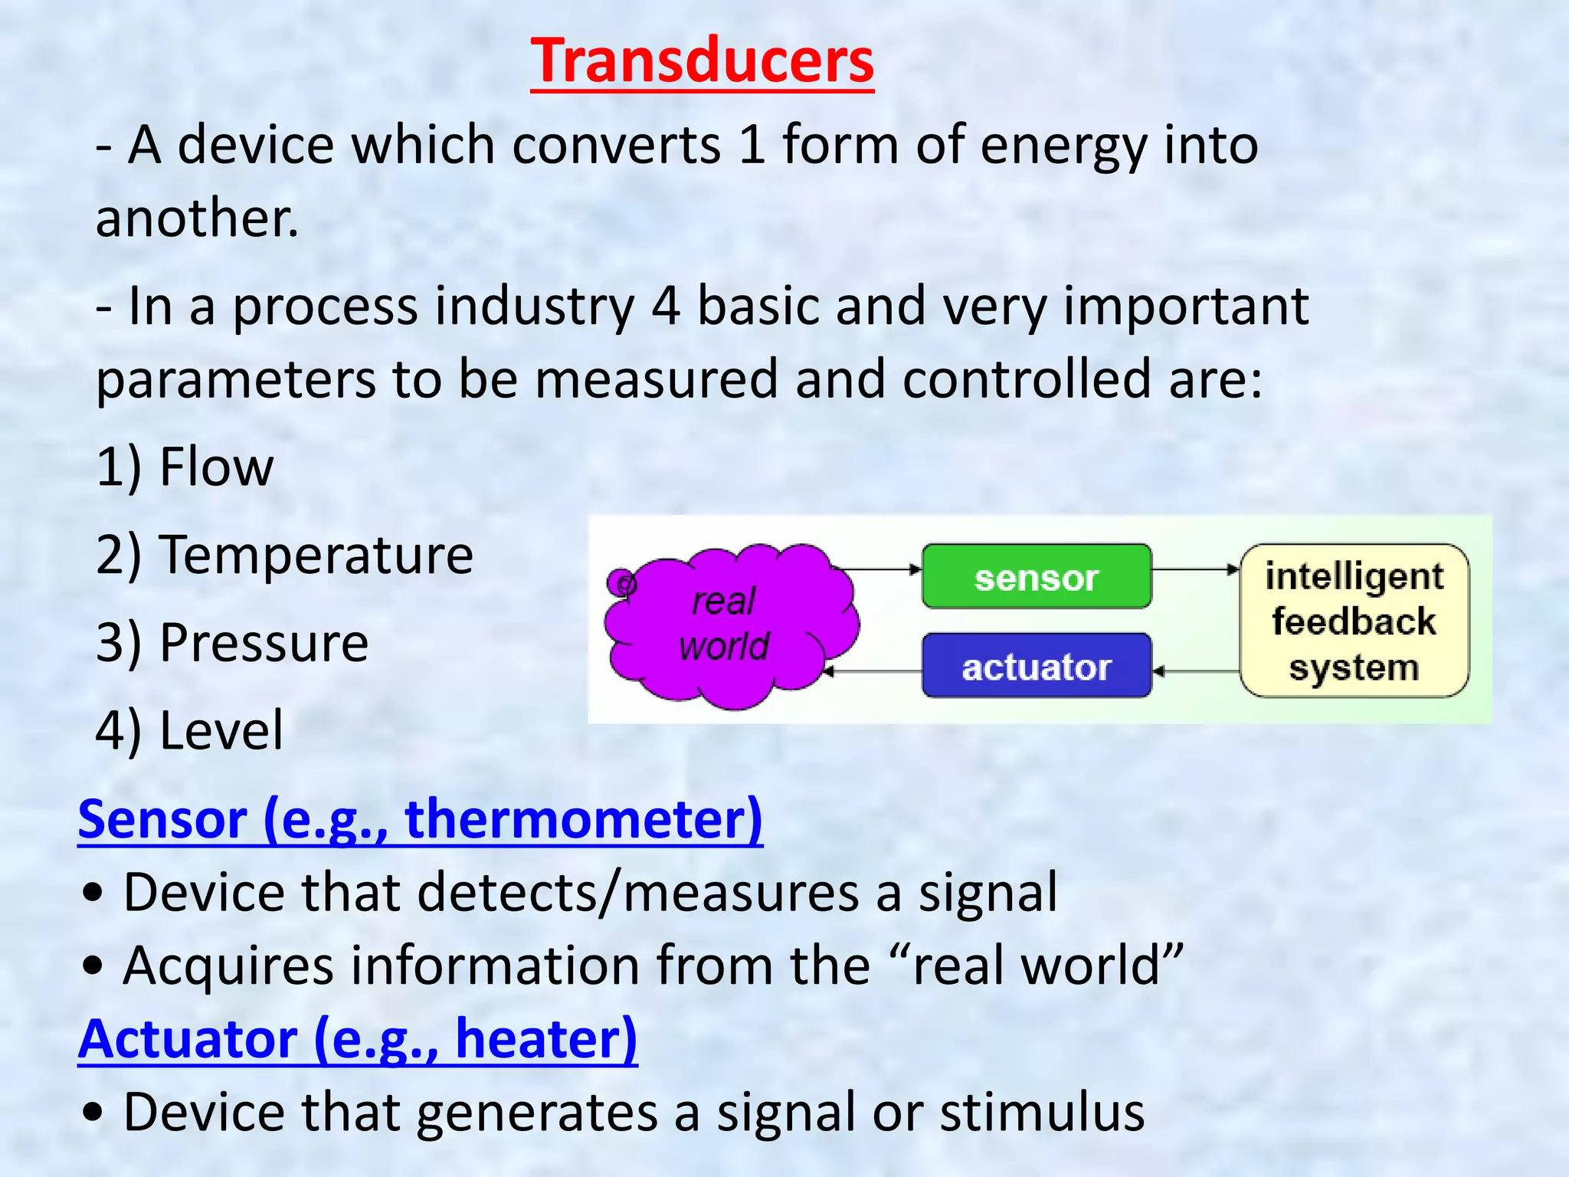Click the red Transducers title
coord(702,61)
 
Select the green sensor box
coord(1036,577)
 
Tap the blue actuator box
coord(1036,666)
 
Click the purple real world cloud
coord(728,625)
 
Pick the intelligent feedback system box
coord(1354,621)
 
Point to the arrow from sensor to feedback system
coord(1195,569)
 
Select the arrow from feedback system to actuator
coord(1195,672)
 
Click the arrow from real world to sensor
coord(877,569)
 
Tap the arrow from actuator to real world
coord(873,672)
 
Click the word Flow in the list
coord(216,467)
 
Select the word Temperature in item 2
coord(316,555)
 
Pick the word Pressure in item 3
coord(264,642)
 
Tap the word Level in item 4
coord(221,730)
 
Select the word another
coord(197,218)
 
